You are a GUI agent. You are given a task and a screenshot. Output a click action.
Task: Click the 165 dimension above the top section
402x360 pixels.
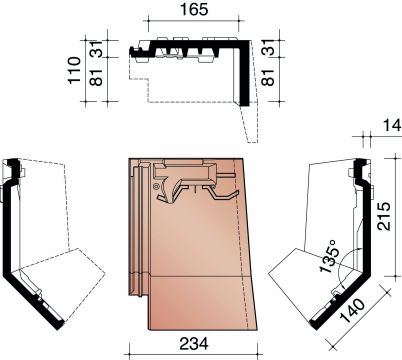194,9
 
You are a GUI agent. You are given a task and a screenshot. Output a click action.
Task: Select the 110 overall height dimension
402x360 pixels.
74,70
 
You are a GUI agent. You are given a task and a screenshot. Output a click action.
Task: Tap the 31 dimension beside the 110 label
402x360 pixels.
97,49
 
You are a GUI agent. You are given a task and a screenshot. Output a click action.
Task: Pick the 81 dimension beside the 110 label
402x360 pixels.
97,77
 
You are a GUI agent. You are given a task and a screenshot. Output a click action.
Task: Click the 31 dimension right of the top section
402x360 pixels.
268,47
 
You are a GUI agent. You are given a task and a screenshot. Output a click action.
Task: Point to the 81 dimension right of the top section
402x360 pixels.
268,77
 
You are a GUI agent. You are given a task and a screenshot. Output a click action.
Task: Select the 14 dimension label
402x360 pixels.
392,126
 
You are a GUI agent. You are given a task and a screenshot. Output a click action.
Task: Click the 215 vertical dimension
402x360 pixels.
384,216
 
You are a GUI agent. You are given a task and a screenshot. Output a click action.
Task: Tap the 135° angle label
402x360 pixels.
330,260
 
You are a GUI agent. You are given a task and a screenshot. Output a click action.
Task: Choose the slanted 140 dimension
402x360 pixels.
352,311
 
